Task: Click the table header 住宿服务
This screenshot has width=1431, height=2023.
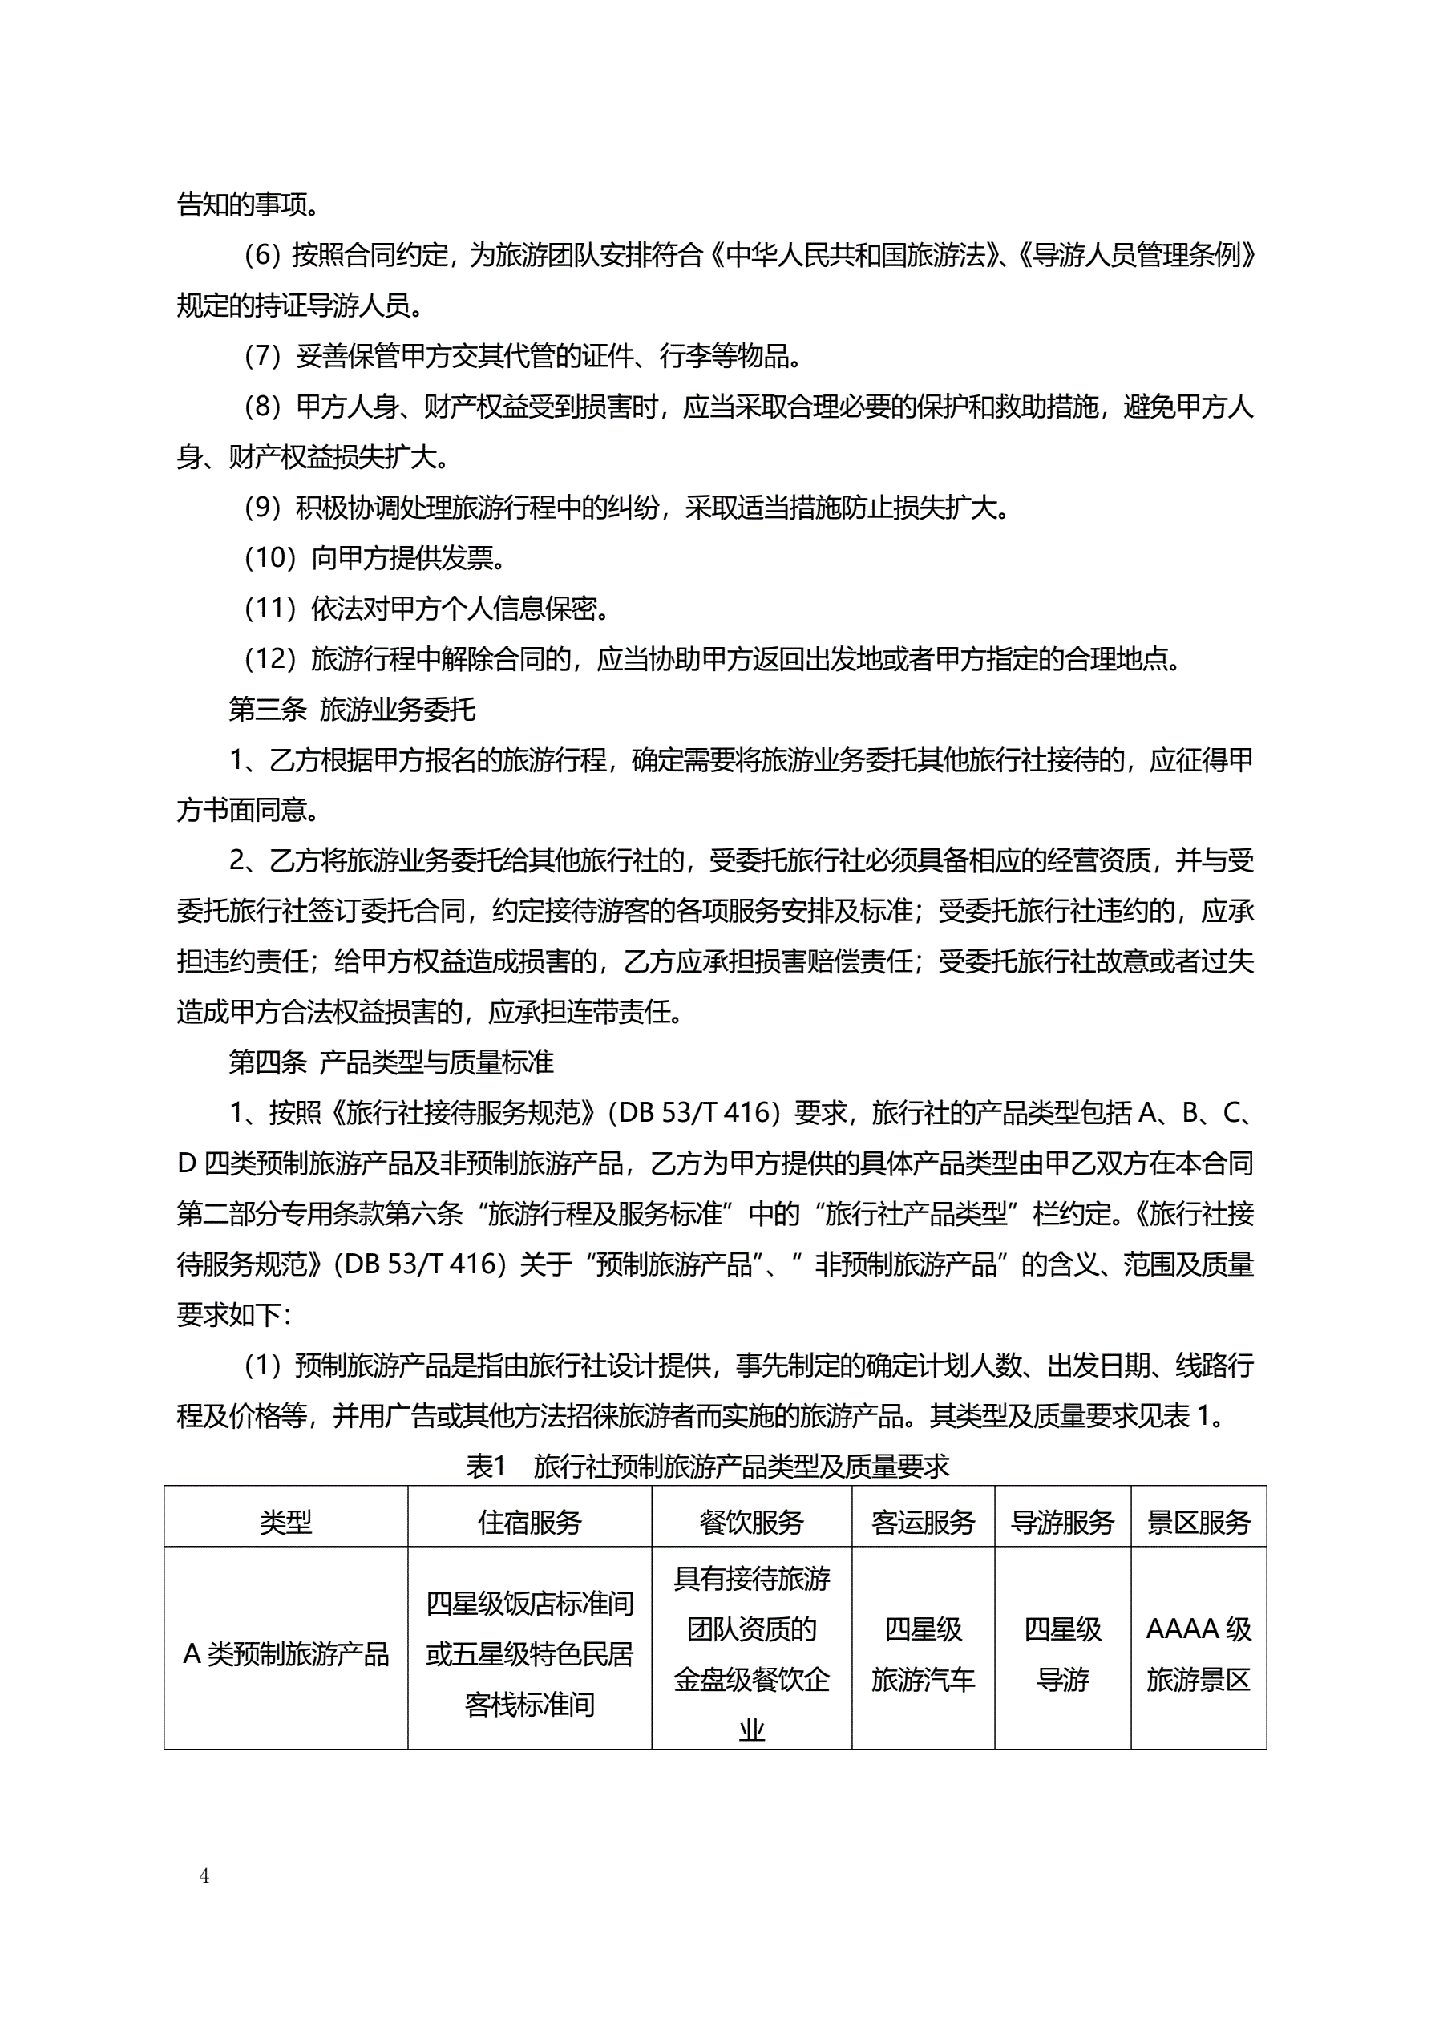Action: tap(530, 1523)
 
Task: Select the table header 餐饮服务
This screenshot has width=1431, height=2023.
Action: tap(752, 1523)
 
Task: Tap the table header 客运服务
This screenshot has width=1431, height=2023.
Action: tap(923, 1523)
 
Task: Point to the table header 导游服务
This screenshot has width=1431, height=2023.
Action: tap(1063, 1523)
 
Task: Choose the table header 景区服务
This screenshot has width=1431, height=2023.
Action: tap(1199, 1523)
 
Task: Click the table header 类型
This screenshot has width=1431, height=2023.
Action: tap(285, 1523)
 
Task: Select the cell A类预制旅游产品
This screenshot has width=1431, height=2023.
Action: tap(285, 1654)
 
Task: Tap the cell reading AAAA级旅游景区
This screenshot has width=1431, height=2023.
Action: tap(1199, 1654)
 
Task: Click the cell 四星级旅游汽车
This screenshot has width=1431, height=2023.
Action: tap(923, 1654)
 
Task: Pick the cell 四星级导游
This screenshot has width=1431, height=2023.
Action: tap(1063, 1654)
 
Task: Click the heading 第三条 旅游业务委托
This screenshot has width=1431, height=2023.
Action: tap(353, 710)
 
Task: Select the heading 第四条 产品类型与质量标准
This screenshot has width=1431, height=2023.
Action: tap(391, 1062)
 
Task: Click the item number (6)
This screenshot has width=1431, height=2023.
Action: tap(261, 256)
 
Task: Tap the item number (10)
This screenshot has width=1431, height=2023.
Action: tap(269, 558)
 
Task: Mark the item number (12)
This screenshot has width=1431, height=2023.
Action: tap(269, 659)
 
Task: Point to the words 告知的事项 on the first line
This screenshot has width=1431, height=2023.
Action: tap(243, 205)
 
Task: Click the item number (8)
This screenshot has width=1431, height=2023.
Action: tap(261, 407)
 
